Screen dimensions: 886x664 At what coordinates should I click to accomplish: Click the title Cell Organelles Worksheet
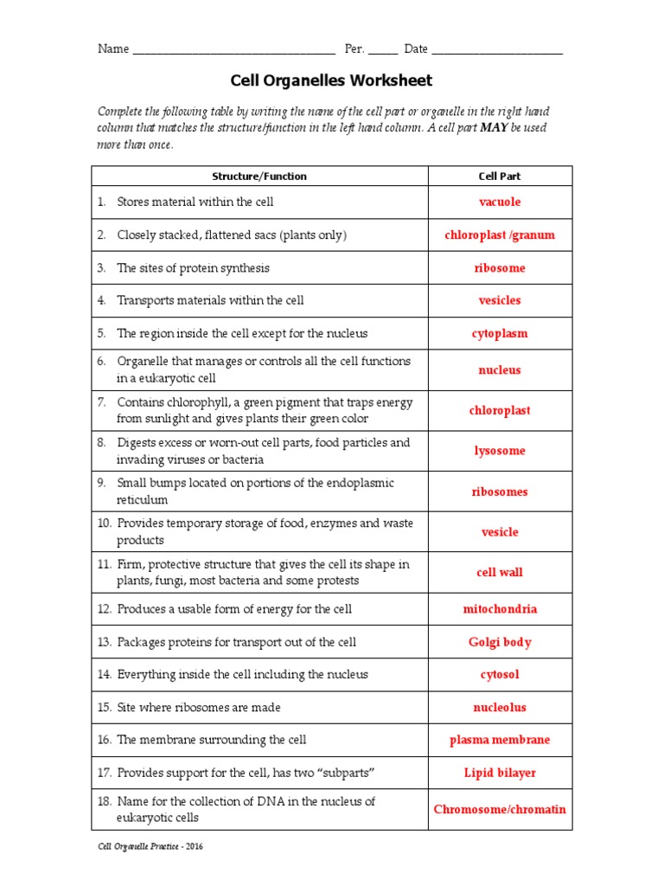(331, 80)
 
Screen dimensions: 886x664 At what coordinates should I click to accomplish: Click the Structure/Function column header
(259, 176)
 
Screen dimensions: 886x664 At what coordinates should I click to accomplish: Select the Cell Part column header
(500, 176)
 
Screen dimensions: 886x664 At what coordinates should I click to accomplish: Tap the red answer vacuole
(500, 202)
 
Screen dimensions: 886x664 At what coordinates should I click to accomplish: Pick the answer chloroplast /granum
(500, 235)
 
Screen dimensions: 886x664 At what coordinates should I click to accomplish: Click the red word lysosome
(500, 451)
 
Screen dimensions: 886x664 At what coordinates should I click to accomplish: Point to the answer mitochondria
(500, 609)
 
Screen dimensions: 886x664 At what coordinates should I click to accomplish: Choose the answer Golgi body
(500, 642)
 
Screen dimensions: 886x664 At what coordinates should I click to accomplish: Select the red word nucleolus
(500, 708)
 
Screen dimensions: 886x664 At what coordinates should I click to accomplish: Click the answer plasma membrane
(500, 741)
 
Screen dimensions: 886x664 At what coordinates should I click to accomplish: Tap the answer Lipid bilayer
(500, 774)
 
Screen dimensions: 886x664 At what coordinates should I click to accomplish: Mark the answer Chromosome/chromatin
(500, 810)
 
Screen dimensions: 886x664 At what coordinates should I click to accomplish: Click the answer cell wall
(500, 573)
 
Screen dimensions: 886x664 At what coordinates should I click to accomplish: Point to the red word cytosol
(500, 675)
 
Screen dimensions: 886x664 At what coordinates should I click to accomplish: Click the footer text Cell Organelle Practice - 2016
(150, 847)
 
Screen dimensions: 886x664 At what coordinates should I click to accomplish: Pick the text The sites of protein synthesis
(193, 268)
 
